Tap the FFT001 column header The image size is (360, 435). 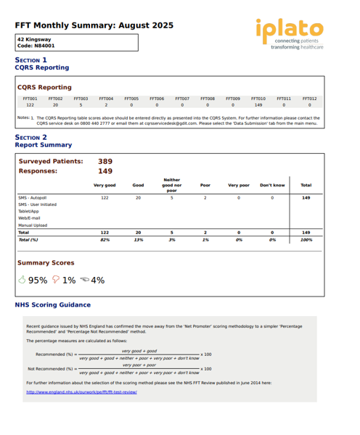click(x=30, y=98)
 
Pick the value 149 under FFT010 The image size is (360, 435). click(x=258, y=104)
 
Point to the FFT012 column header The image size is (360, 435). click(x=309, y=98)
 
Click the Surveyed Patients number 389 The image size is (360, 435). click(x=105, y=162)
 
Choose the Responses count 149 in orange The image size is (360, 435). click(x=105, y=172)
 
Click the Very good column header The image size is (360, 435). click(x=105, y=186)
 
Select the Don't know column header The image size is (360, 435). click(x=272, y=186)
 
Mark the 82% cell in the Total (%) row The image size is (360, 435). click(x=105, y=239)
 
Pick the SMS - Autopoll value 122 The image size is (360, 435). click(x=105, y=197)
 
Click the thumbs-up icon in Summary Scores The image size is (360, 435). click(x=22, y=279)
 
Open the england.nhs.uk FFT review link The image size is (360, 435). click(x=81, y=392)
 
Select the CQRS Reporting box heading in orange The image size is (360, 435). click(x=44, y=87)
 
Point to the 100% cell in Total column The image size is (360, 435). click(x=306, y=239)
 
